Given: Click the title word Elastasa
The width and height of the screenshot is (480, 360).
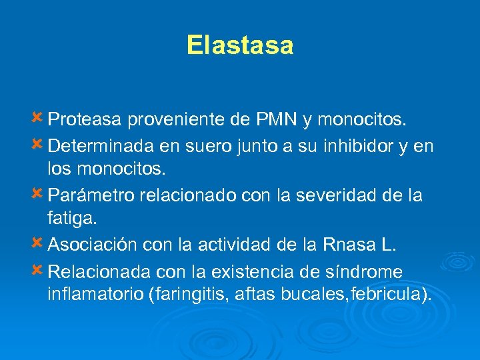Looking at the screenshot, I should point(240,45).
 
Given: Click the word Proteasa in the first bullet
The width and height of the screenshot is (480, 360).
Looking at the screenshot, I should point(85,121).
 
